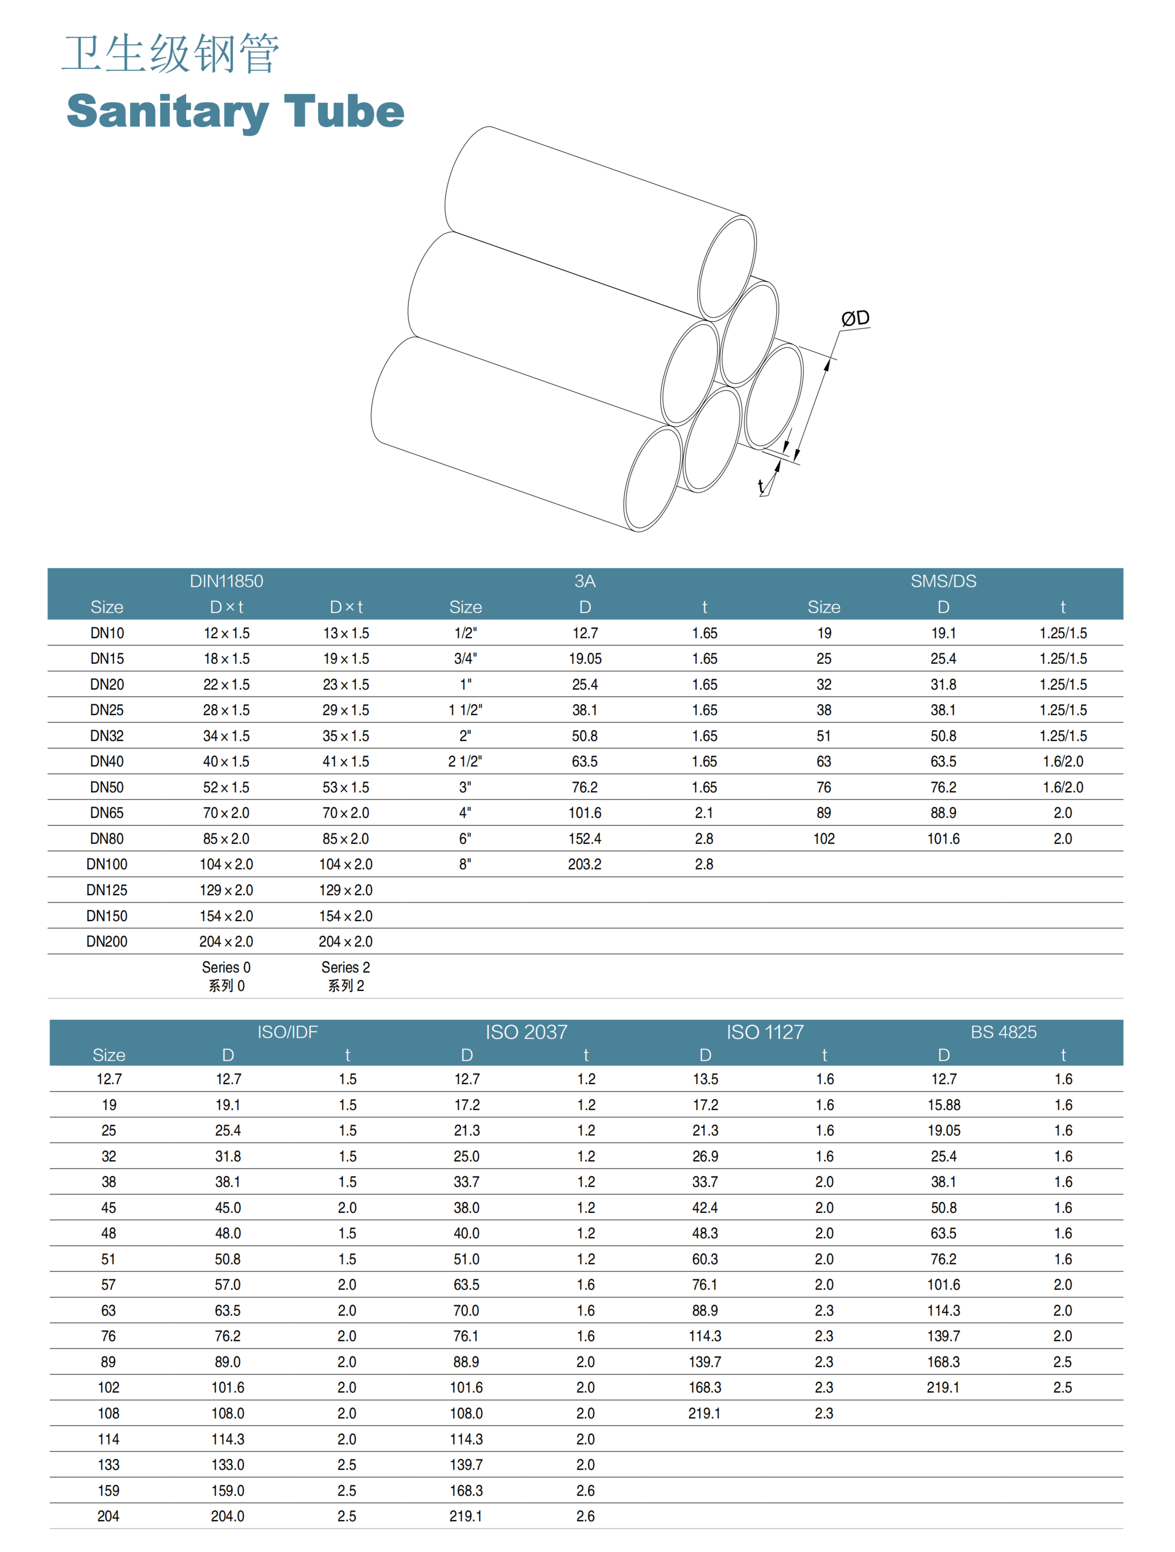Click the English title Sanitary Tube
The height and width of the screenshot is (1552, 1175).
point(235,112)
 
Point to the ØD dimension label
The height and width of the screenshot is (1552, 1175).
point(855,318)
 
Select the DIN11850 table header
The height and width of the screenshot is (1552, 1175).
point(226,581)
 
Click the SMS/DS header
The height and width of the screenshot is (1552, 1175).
point(944,581)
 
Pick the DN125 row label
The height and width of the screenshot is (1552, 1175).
point(107,890)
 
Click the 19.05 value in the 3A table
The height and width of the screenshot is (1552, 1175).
point(585,658)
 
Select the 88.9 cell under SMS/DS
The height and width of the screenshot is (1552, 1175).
point(944,812)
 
